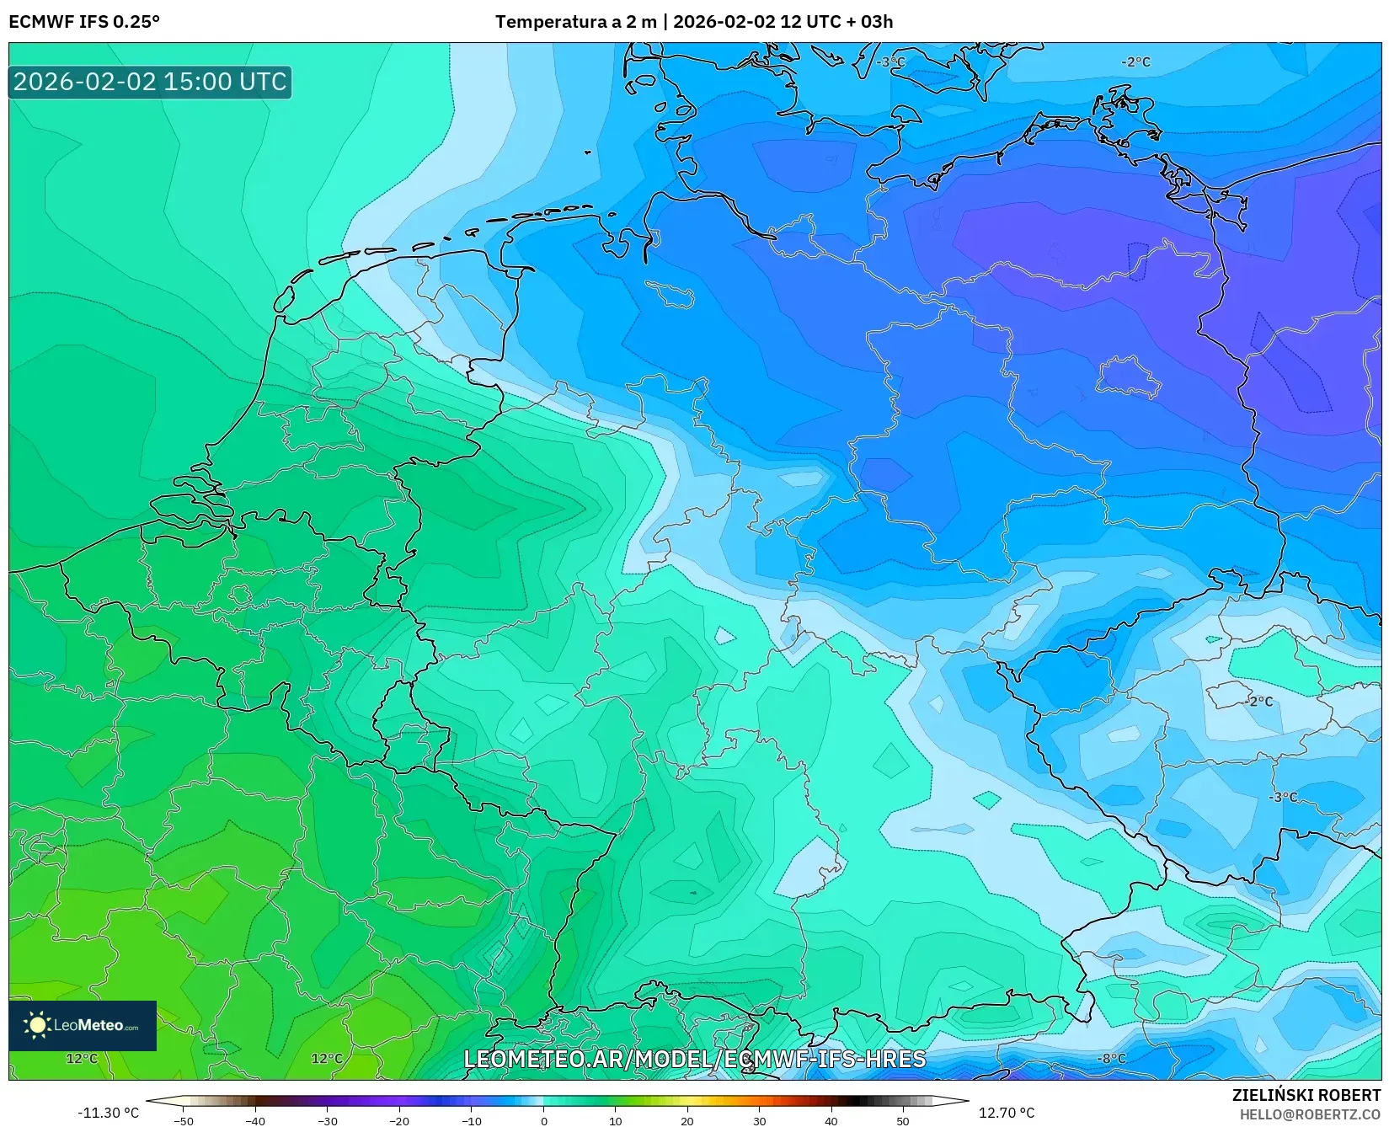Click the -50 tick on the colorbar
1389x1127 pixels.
pyautogui.click(x=183, y=1120)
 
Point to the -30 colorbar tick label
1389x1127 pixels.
pyautogui.click(x=327, y=1120)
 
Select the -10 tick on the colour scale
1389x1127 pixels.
pyautogui.click(x=472, y=1120)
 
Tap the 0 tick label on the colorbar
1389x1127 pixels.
pyautogui.click(x=543, y=1120)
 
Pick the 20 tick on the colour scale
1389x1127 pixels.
pyautogui.click(x=687, y=1120)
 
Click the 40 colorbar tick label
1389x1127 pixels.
pyautogui.click(x=831, y=1120)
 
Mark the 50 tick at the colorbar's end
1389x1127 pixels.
pyautogui.click(x=903, y=1120)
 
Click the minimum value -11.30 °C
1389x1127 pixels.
pyautogui.click(x=108, y=1113)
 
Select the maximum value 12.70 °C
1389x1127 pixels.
pyautogui.click(x=1007, y=1113)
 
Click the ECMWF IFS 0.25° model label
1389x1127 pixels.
pyautogui.click(x=84, y=22)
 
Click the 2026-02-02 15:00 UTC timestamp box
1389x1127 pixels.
pyautogui.click(x=150, y=82)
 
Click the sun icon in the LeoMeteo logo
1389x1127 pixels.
pyautogui.click(x=36, y=1025)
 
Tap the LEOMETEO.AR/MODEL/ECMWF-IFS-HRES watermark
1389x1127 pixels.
pyautogui.click(x=694, y=1059)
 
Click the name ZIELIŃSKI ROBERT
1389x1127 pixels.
pyautogui.click(x=1306, y=1095)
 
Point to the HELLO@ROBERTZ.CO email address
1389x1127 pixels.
pyautogui.click(x=1310, y=1114)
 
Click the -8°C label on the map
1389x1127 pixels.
pyautogui.click(x=1112, y=1058)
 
